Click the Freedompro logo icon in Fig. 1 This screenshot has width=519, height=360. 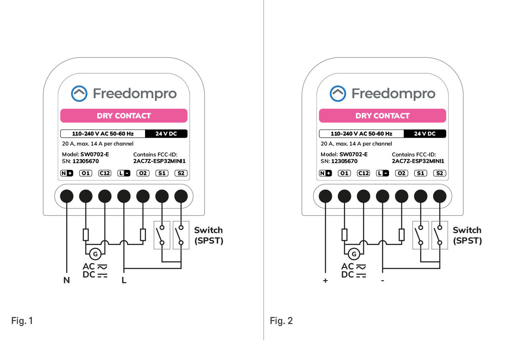point(79,94)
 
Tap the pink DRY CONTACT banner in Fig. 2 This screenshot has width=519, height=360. point(382,116)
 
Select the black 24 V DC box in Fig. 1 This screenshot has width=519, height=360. point(166,134)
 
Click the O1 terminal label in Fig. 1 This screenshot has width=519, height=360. point(86,173)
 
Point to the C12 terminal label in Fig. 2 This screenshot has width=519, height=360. point(363,173)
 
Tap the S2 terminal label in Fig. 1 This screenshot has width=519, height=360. point(181,173)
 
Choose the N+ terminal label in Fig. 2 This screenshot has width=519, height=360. point(325,173)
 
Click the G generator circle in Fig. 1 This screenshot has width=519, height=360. point(95,254)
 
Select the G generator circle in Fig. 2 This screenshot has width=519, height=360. point(354,254)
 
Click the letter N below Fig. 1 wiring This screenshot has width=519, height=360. point(66,280)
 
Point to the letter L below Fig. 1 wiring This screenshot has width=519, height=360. point(124,280)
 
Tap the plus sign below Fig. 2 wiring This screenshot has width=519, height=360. point(325,280)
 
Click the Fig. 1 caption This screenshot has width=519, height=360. point(22,321)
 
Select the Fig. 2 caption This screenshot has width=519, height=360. point(281,321)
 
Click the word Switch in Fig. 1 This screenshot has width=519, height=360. point(208,230)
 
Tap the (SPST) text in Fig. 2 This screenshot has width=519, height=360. point(467,241)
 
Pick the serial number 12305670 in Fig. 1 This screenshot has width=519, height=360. point(86,161)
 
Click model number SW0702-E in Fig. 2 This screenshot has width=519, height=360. point(353,154)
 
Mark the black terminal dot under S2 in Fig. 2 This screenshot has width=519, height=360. point(439,196)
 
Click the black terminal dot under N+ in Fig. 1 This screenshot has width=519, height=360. point(66,196)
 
